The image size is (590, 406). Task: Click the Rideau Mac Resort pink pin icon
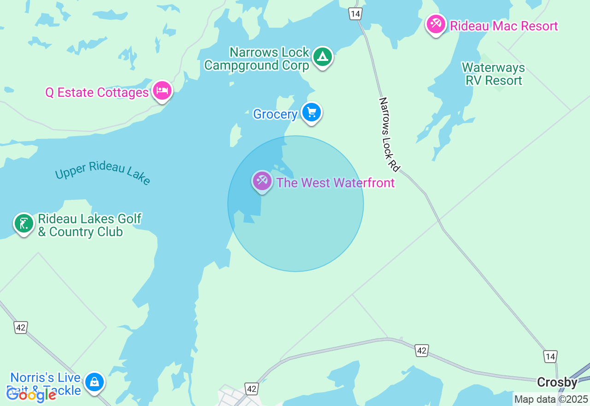tap(436, 23)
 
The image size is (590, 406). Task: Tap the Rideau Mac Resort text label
tap(504, 26)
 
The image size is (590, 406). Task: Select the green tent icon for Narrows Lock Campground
tap(323, 57)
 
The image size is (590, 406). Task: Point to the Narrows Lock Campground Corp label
tap(257, 59)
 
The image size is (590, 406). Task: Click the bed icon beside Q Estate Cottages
tap(162, 90)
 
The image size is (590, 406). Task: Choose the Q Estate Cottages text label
tap(97, 93)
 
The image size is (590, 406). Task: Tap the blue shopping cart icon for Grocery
tap(312, 112)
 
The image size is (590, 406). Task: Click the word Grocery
tap(275, 114)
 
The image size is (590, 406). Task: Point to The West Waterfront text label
tap(336, 183)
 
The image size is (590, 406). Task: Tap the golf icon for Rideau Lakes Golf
tap(24, 223)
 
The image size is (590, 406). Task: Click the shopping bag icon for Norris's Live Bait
tap(94, 382)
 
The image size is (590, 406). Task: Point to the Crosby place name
tap(557, 382)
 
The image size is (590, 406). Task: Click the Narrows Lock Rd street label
tap(389, 134)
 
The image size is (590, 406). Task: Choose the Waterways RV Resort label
tap(493, 74)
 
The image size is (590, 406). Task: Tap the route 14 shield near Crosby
tap(550, 356)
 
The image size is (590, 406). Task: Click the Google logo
tap(31, 395)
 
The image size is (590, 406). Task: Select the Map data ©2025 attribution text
tap(551, 399)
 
